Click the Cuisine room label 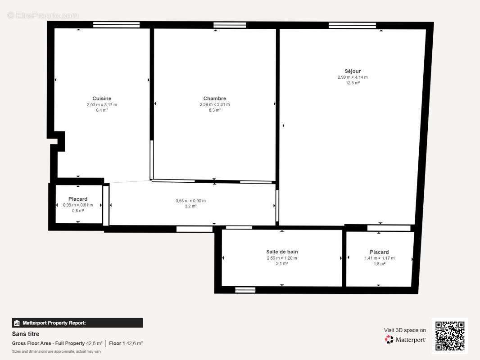pyautogui.click(x=102, y=99)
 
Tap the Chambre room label pyautogui.click(x=215, y=99)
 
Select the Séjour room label pyautogui.click(x=353, y=71)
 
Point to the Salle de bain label pyautogui.click(x=282, y=252)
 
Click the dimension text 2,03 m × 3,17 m pyautogui.click(x=102, y=105)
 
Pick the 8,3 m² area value pyautogui.click(x=215, y=110)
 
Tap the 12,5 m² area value pyautogui.click(x=353, y=83)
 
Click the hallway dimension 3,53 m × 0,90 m pyautogui.click(x=190, y=201)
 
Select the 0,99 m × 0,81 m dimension pyautogui.click(x=78, y=205)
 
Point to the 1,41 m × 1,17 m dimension pyautogui.click(x=379, y=258)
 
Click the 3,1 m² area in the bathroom pyautogui.click(x=282, y=264)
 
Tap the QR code pyautogui.click(x=450, y=336)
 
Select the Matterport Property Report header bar pyautogui.click(x=77, y=323)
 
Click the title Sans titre pyautogui.click(x=26, y=334)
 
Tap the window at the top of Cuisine pyautogui.click(x=110, y=25)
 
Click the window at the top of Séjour pyautogui.click(x=352, y=25)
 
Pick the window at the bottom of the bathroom pyautogui.click(x=245, y=290)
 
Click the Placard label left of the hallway pyautogui.click(x=78, y=199)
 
